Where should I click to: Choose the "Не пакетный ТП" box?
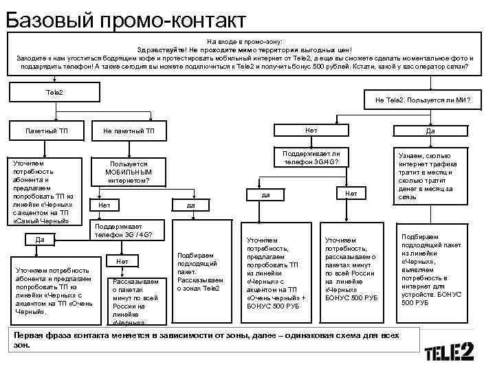tap(129, 131)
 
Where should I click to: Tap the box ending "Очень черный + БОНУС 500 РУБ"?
tap(274, 273)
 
